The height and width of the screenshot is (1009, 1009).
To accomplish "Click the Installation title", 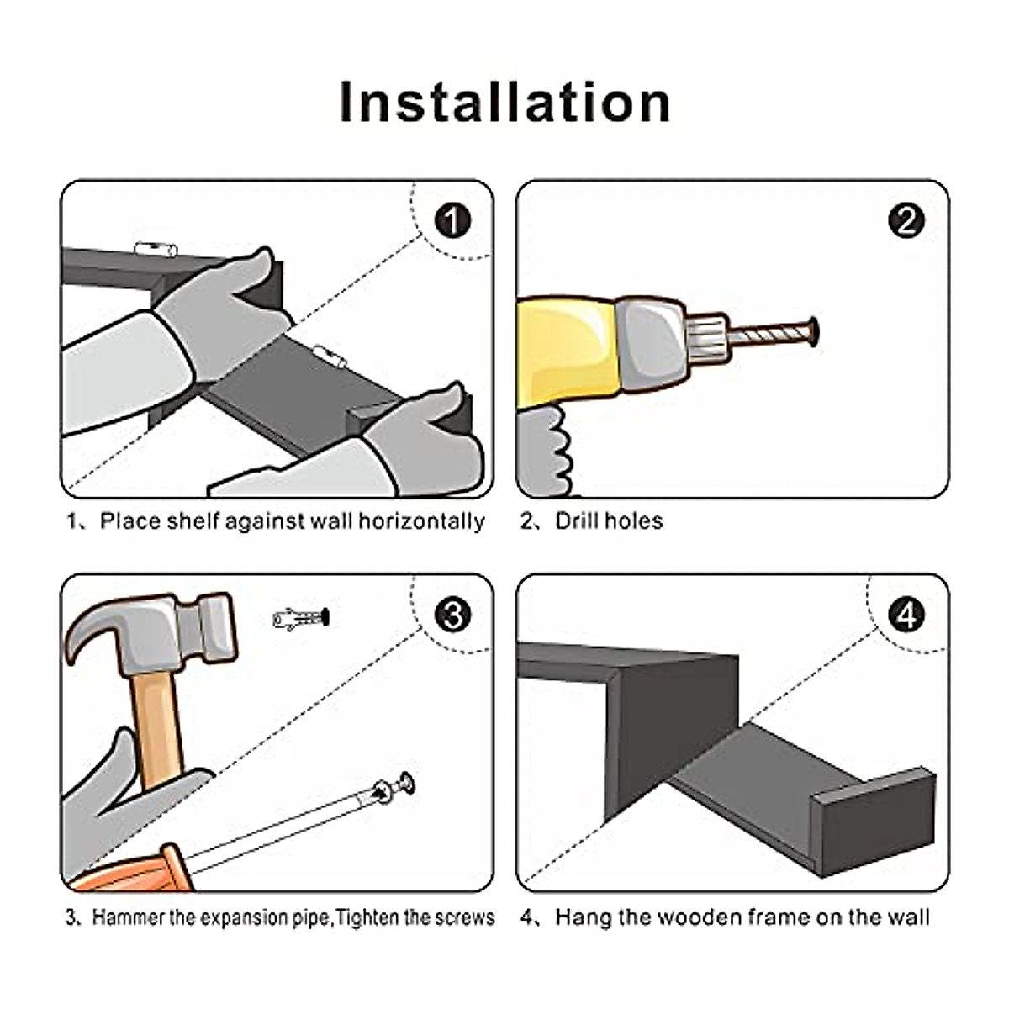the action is coord(504,102).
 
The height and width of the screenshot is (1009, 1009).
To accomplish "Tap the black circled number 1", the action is coord(452,220).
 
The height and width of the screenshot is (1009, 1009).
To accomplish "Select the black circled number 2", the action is coord(906,220).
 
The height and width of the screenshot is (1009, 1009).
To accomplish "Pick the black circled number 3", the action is coord(452,615).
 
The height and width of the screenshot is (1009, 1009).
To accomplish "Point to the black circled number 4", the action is coord(906,615).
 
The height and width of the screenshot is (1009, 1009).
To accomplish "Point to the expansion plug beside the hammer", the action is coord(302,619).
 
